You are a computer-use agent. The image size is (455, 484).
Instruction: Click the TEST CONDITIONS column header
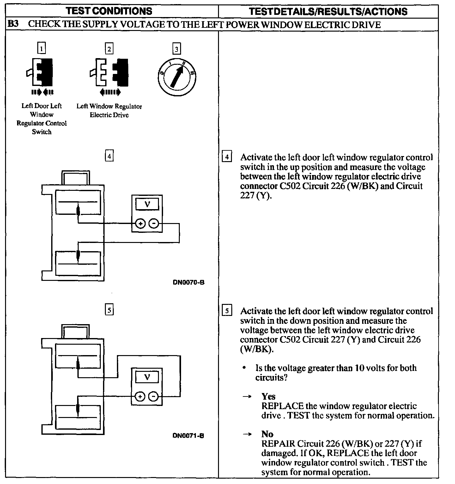coord(109,11)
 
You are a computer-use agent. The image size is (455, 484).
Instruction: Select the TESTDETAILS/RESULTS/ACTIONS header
coord(328,11)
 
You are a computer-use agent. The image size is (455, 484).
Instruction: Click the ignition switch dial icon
coord(177,77)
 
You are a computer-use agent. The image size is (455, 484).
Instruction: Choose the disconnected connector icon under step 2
coord(109,72)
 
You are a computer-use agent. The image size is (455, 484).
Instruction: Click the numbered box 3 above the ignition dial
coord(176,49)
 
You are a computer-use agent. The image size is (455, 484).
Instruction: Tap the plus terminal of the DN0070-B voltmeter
coord(140,224)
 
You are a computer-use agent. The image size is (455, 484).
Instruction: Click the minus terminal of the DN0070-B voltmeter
coord(154,224)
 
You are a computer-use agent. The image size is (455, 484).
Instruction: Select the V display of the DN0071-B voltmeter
coord(147,377)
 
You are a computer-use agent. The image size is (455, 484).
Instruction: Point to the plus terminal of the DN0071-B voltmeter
coord(140,396)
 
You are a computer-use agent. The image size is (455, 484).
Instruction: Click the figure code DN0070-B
coord(188,282)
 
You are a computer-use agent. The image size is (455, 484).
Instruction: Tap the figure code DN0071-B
coord(188,436)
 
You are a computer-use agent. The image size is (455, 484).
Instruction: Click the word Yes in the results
coord(268,396)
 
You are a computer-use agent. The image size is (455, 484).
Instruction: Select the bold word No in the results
coord(267,434)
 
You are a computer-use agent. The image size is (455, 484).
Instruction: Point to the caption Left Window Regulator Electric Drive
coord(109,111)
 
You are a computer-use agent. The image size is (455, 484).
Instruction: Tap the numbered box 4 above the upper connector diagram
coord(109,156)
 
